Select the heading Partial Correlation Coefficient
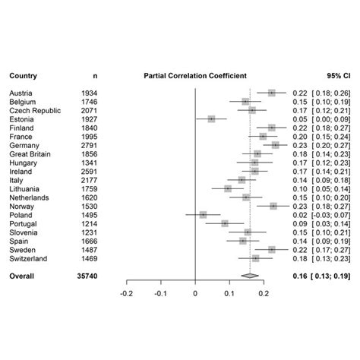[195, 76]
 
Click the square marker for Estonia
[212, 119]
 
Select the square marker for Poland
[203, 215]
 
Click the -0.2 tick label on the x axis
[126, 292]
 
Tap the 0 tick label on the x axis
[195, 292]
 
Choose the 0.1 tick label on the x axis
[229, 292]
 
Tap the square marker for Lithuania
[228, 188]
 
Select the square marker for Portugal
[225, 223]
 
